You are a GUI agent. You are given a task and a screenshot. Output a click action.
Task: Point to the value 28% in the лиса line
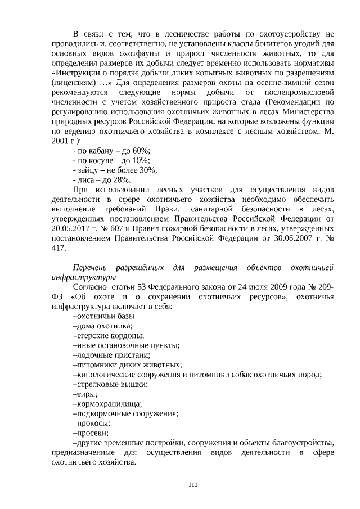click(x=121, y=180)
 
